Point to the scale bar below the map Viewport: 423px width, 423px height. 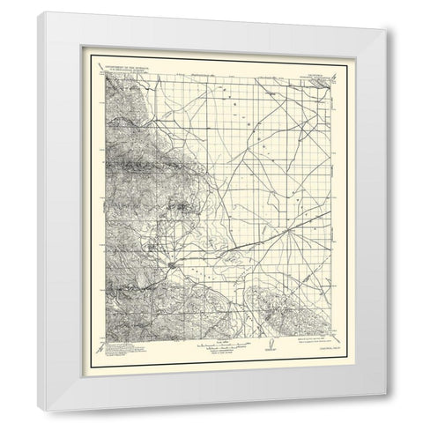[x=206, y=343]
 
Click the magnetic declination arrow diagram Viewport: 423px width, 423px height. [x=270, y=345]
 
